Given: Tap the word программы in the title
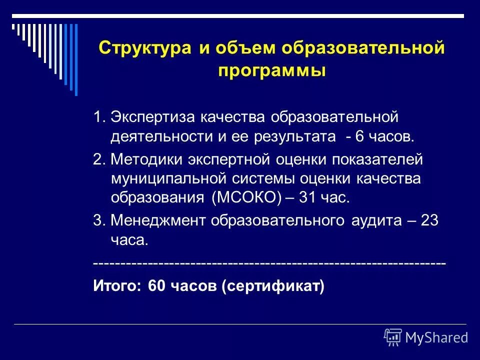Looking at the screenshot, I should (x=272, y=70).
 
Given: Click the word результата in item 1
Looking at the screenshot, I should (x=299, y=136).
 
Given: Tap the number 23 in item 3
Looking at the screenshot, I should (x=429, y=220).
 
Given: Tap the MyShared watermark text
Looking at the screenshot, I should (x=436, y=338).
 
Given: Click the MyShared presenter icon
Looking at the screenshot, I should (x=393, y=337).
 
